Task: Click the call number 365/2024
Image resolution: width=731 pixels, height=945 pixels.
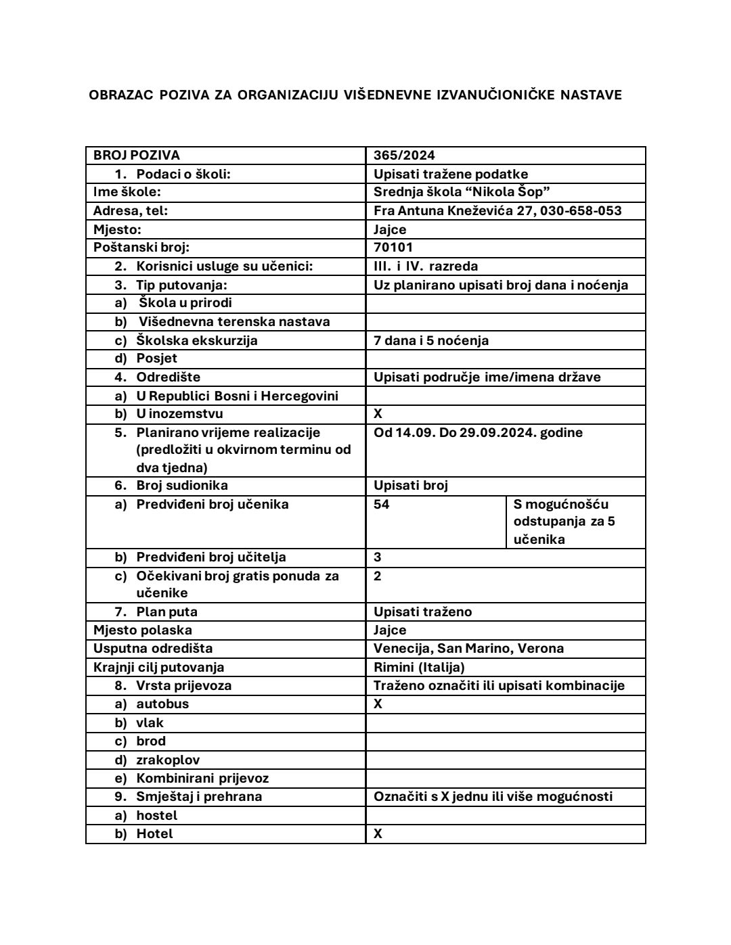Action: pyautogui.click(x=404, y=156)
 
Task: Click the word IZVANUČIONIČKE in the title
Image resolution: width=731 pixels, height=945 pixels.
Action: pyautogui.click(x=493, y=95)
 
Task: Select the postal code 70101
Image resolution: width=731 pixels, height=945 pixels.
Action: pyautogui.click(x=393, y=248)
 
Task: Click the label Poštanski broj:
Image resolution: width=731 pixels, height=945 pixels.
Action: pyautogui.click(x=141, y=248)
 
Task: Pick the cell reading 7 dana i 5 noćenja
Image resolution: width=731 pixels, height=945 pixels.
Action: pyautogui.click(x=431, y=340)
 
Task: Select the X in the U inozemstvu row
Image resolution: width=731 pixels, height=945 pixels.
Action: pyautogui.click(x=378, y=414)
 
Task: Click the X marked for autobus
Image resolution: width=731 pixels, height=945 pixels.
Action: pyautogui.click(x=378, y=704)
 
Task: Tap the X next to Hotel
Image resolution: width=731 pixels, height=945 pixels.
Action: pyautogui.click(x=378, y=834)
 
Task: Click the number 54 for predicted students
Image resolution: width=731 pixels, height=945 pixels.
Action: pyautogui.click(x=382, y=505)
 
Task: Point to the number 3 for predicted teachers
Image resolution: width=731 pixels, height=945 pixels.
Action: pyautogui.click(x=378, y=557)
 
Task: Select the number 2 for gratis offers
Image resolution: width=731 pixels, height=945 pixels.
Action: pyautogui.click(x=378, y=576)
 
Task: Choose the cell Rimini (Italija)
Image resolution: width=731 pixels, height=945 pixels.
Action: pyautogui.click(x=419, y=668)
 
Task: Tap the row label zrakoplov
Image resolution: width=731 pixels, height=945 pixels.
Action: pyautogui.click(x=168, y=760)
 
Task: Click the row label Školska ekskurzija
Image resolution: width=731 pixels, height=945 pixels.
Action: pyautogui.click(x=196, y=340)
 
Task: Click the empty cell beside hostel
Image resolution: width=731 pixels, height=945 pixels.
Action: pyautogui.click(x=505, y=816)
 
